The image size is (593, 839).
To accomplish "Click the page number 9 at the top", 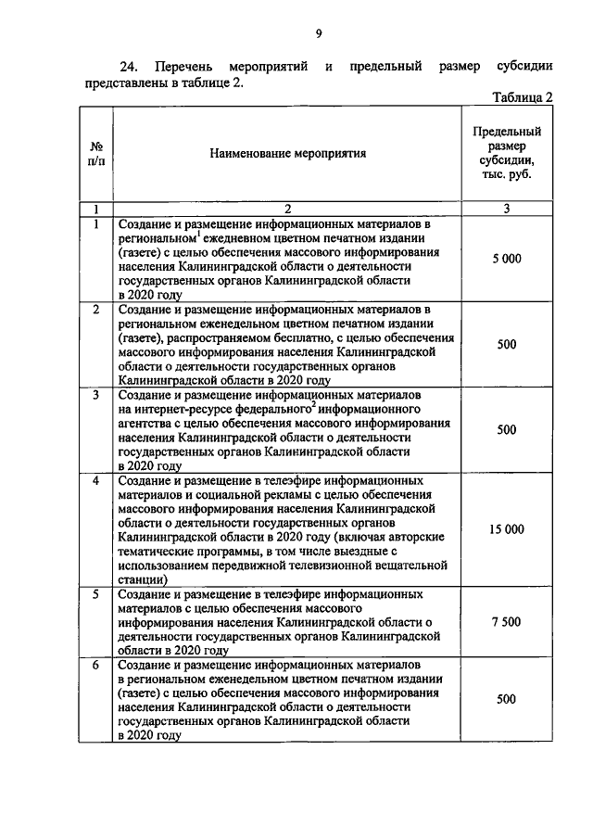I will (x=318, y=34).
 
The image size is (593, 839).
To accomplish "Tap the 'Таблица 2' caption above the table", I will (x=523, y=97).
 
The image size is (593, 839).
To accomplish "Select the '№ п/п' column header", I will (x=95, y=154).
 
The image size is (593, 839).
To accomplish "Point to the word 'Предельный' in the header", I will (x=507, y=132).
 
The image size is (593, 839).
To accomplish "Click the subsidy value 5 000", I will (x=506, y=259).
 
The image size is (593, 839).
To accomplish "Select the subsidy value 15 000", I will (x=506, y=529).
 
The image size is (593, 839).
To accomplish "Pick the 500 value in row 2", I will (x=506, y=344).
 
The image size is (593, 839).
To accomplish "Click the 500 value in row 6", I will (x=506, y=699).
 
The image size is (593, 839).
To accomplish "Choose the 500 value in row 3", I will (x=506, y=429).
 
